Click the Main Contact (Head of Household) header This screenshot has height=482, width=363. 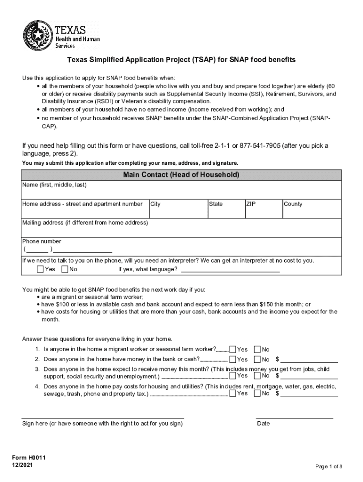pyautogui.click(x=181, y=175)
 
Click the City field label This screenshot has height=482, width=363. pyautogui.click(x=156, y=204)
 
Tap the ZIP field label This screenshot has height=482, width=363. pyautogui.click(x=251, y=204)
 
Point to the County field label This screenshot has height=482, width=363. pyautogui.click(x=293, y=204)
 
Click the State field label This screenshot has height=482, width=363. pyautogui.click(x=216, y=204)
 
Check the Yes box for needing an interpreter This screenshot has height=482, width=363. pyautogui.click(x=40, y=269)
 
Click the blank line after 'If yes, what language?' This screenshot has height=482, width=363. pyautogui.click(x=230, y=271)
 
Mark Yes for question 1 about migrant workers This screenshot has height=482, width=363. pyautogui.click(x=232, y=349)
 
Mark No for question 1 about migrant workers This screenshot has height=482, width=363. pyautogui.click(x=257, y=349)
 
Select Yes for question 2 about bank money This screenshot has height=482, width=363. pyautogui.click(x=232, y=359)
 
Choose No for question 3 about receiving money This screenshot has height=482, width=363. pyautogui.click(x=257, y=376)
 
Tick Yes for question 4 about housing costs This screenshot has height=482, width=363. pyautogui.click(x=232, y=393)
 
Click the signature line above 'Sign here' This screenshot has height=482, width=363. pyautogui.click(x=103, y=417)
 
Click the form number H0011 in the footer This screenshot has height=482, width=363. pyautogui.click(x=29, y=458)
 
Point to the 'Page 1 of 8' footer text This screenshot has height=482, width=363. pyautogui.click(x=329, y=466)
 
